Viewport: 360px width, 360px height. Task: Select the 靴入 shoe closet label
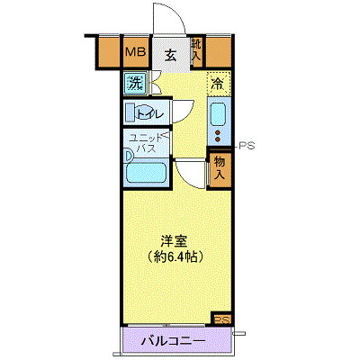[x=196, y=50]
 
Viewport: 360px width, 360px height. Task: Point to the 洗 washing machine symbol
[x=134, y=85]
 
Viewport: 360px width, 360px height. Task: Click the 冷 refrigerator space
[x=218, y=84]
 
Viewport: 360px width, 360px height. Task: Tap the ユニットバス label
[x=145, y=143]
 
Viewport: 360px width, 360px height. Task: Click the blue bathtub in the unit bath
[x=146, y=171]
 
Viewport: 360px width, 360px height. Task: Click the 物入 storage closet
[x=219, y=166]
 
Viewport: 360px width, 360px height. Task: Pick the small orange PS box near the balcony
[x=220, y=318]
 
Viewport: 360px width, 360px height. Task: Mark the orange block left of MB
[x=107, y=52]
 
